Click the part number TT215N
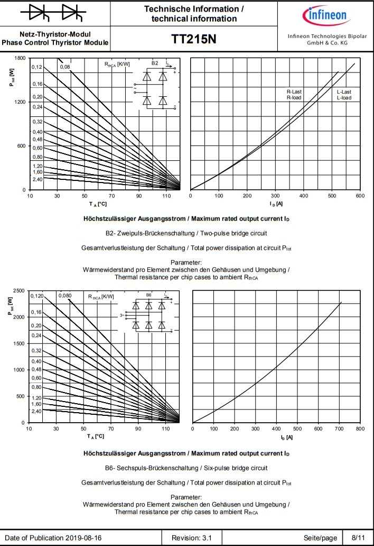(194, 40)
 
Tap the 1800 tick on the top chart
(20, 58)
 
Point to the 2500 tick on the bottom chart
(18, 290)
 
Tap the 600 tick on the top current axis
(360, 196)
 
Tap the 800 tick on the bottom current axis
(360, 429)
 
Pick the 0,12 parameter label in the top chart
(36, 67)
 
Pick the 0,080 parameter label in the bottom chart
(66, 295)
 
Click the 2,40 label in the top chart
(36, 179)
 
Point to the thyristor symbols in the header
(55, 13)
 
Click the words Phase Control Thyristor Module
(55, 42)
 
